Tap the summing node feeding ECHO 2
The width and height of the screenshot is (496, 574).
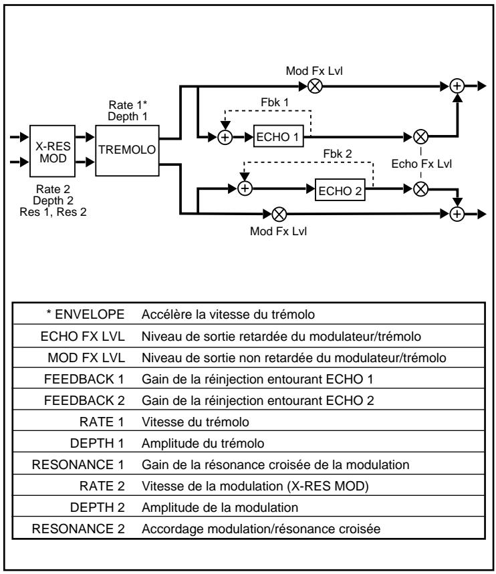coord(246,188)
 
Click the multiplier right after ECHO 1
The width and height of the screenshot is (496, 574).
coord(420,137)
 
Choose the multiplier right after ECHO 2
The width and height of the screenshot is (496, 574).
coord(420,188)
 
